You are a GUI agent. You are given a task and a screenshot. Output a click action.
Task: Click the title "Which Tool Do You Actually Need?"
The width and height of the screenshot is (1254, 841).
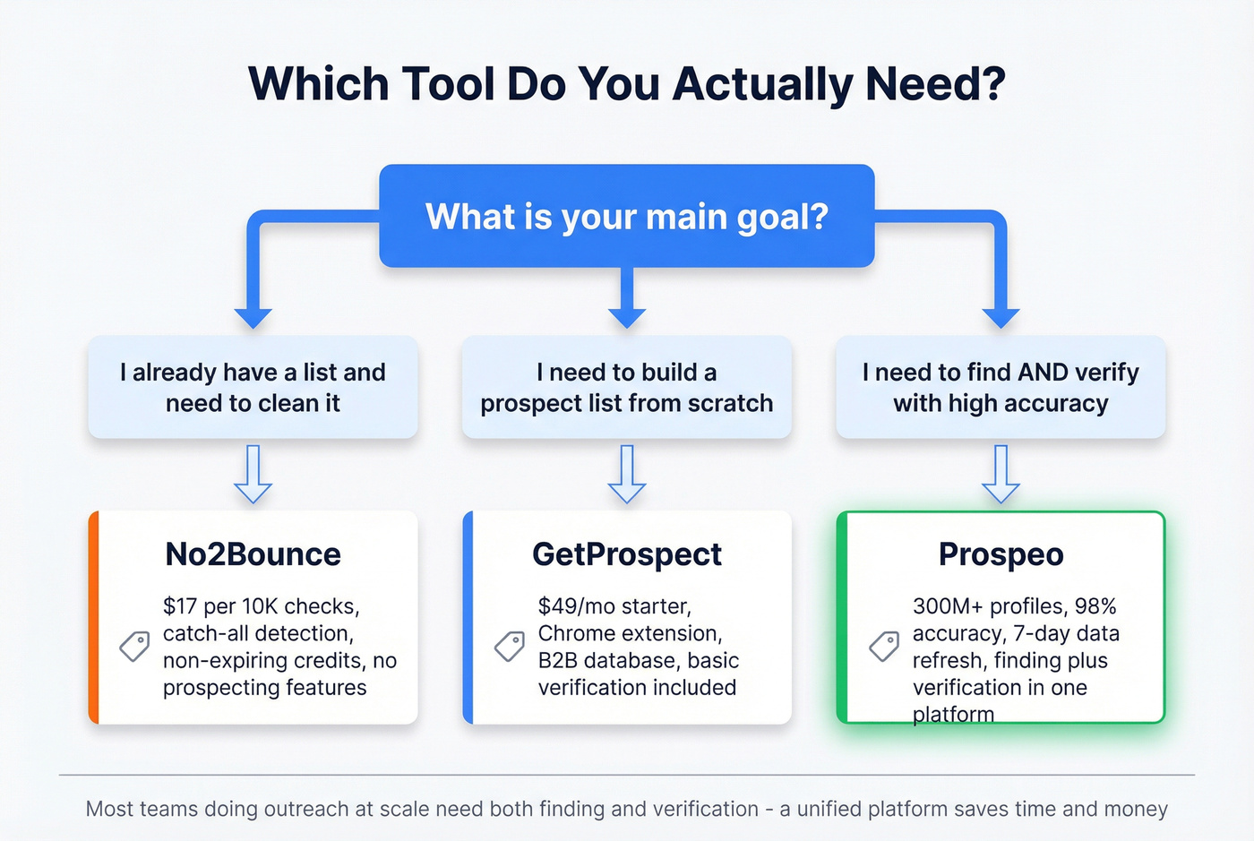coord(627,84)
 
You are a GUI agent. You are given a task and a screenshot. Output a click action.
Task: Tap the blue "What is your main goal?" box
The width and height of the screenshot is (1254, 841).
coord(627,216)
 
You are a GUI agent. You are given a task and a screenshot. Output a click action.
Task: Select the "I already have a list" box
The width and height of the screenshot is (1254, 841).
coord(253,387)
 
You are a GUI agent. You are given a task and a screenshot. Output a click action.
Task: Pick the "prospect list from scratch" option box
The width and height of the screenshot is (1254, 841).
coord(627,387)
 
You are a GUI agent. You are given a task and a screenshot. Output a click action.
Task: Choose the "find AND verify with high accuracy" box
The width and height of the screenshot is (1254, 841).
coord(1001,387)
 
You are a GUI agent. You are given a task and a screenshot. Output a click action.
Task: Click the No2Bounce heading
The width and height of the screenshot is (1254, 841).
coord(253,554)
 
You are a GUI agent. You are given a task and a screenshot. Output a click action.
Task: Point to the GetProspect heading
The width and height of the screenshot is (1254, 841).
coord(627,554)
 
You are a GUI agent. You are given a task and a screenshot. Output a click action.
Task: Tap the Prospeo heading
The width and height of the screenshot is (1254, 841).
coord(1001,554)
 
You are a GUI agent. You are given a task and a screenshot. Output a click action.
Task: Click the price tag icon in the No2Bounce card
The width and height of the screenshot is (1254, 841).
coord(134,646)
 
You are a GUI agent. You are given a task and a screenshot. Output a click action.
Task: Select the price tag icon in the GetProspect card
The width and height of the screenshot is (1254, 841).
coord(510,646)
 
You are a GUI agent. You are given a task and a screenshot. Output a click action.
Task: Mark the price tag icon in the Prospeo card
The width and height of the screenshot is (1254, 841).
coord(884,646)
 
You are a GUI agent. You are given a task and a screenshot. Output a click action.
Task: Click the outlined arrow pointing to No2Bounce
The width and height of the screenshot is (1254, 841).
coord(253,475)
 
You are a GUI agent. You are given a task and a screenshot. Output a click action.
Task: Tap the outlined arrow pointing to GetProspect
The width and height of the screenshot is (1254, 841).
coord(627,475)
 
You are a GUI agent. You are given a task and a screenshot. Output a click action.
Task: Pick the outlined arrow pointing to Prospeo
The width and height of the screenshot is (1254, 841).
coord(1001,475)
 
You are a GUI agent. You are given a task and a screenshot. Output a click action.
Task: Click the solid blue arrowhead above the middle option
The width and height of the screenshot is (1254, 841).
coord(627,317)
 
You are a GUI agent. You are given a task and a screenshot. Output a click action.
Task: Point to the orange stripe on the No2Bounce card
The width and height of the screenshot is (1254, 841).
coord(93,617)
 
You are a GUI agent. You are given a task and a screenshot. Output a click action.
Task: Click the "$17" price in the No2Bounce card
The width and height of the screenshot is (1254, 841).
coord(180,606)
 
